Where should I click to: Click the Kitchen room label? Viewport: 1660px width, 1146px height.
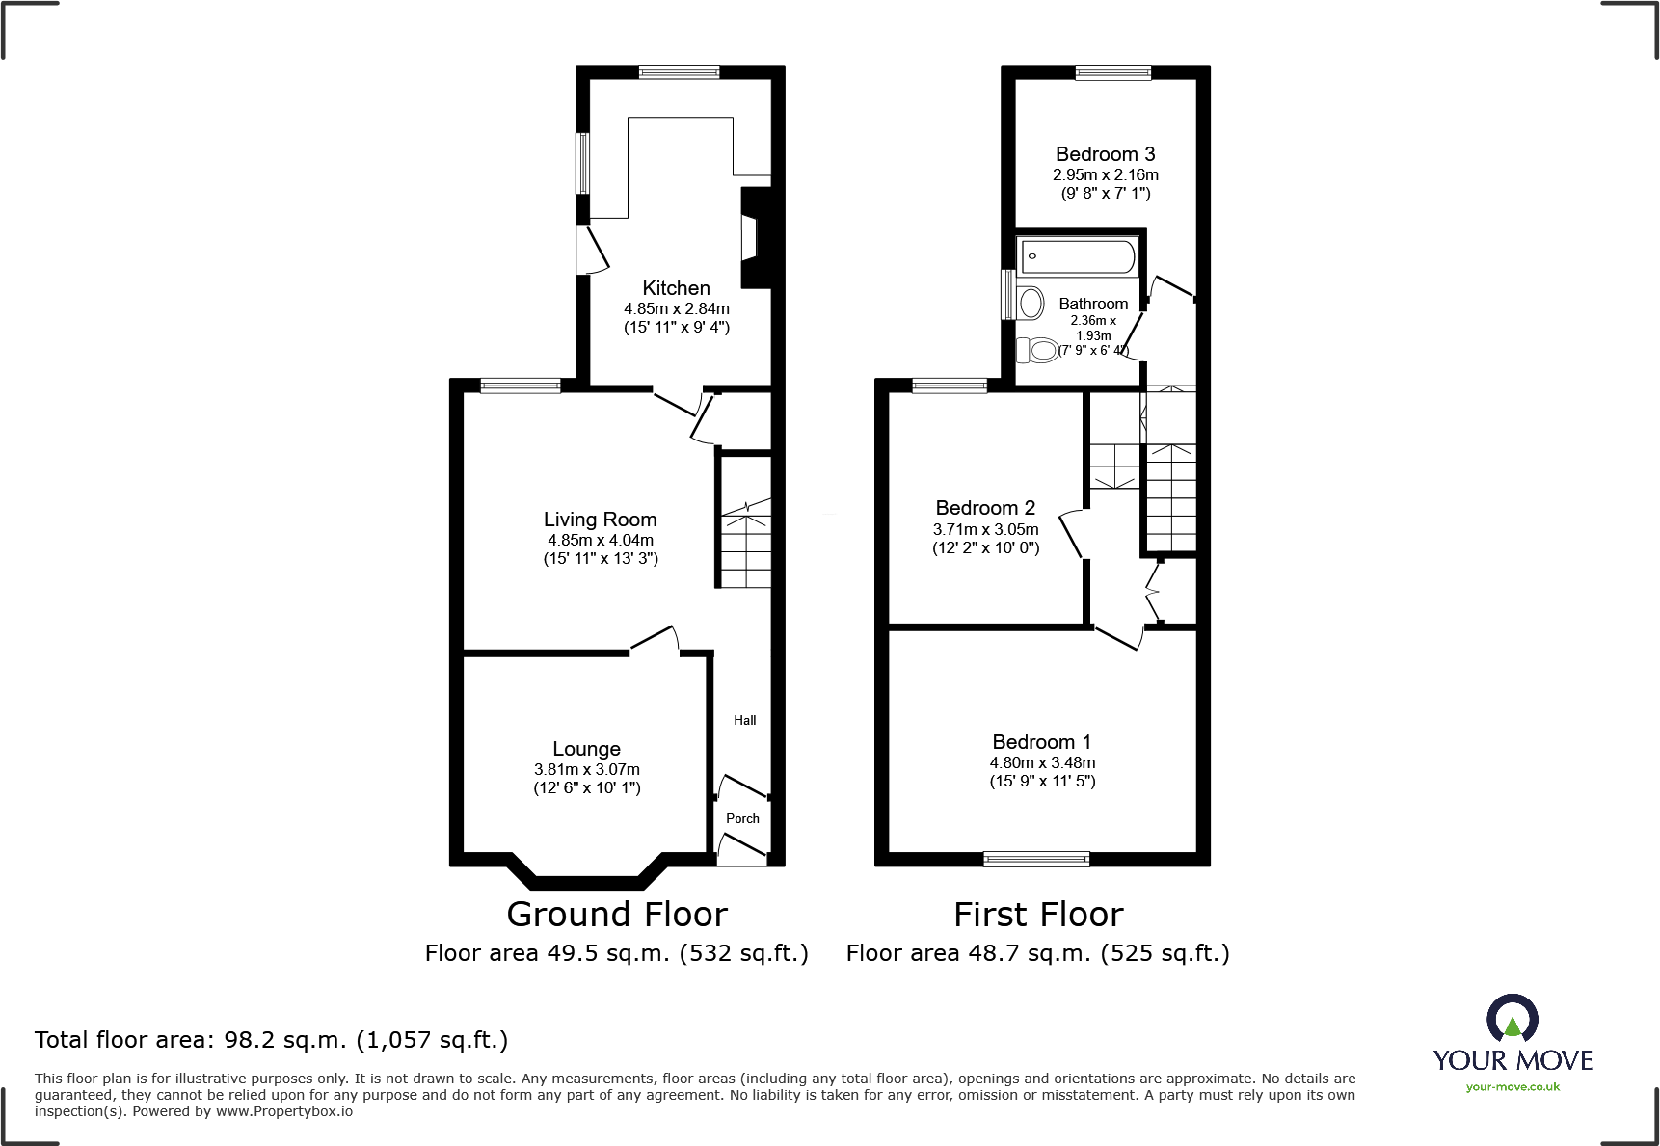click(676, 288)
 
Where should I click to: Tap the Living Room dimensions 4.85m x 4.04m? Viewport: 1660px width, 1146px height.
click(600, 541)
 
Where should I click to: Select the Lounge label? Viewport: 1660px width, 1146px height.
click(586, 749)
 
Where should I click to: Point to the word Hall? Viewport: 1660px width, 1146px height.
click(744, 720)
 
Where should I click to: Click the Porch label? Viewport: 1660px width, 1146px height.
click(742, 818)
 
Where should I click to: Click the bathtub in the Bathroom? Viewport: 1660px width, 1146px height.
click(1077, 257)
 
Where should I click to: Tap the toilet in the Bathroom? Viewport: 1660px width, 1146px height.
click(1037, 349)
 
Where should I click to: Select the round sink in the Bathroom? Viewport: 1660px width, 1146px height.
click(1031, 303)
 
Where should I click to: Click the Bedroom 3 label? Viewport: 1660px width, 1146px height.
click(1105, 154)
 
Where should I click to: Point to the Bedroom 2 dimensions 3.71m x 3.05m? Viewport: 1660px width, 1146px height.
click(985, 529)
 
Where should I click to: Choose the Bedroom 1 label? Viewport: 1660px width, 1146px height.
click(1041, 742)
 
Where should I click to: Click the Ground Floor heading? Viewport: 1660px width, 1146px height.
click(617, 914)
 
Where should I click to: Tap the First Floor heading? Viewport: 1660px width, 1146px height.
click(1038, 914)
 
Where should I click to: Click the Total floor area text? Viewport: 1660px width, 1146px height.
click(271, 1040)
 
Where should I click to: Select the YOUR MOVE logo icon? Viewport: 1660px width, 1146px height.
click(1512, 1018)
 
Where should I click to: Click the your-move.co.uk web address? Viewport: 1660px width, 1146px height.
click(1512, 1087)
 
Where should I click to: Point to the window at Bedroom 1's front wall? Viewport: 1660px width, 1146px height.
click(1036, 859)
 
